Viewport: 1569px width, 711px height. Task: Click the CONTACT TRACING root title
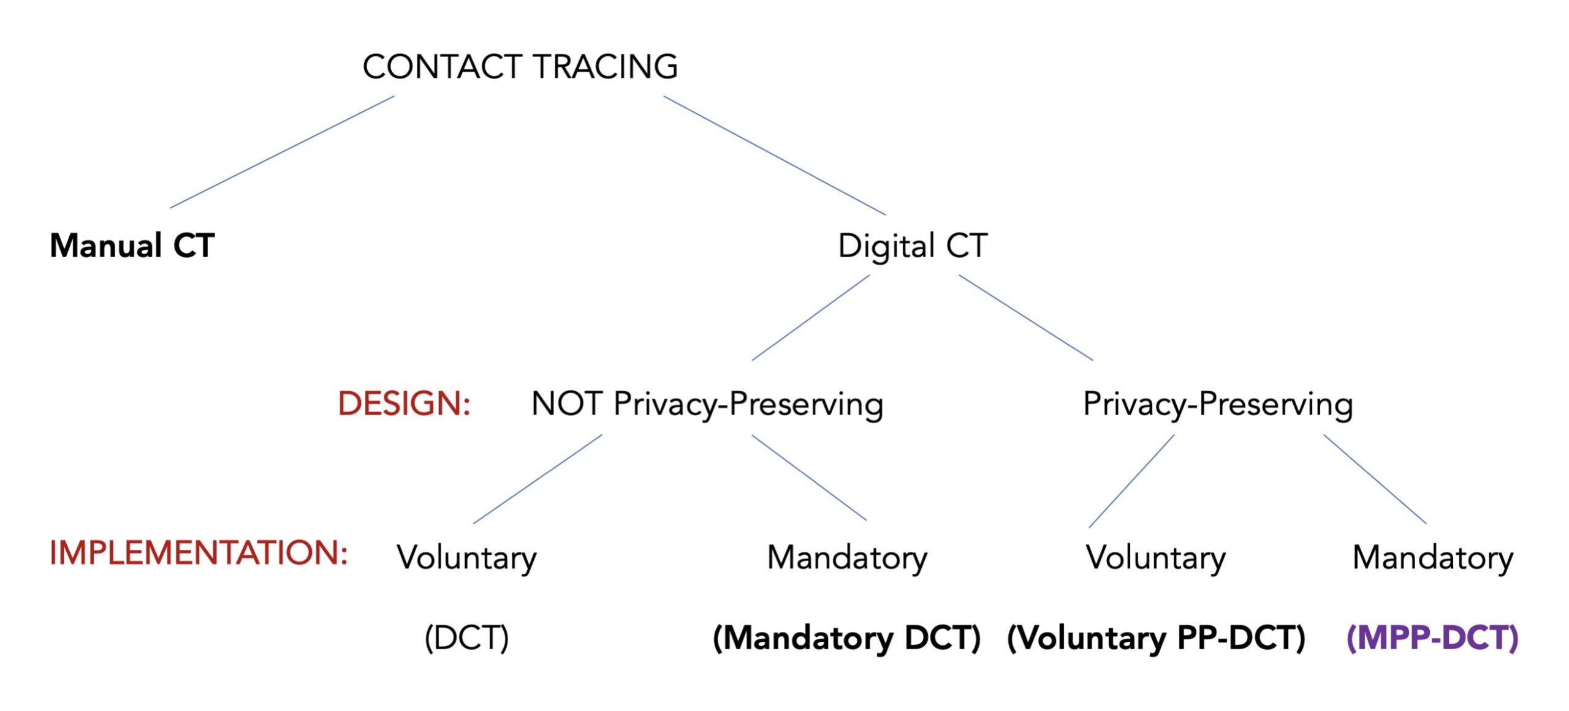[520, 66]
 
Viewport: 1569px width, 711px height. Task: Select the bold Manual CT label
[132, 246]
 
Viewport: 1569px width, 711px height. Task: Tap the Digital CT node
[913, 246]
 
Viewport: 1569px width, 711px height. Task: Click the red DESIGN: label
[405, 404]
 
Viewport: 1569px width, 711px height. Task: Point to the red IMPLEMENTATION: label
[199, 552]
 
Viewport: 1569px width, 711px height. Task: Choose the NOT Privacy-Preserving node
[707, 404]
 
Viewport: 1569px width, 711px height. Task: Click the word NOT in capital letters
[567, 404]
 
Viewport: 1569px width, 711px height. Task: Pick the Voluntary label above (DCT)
[467, 558]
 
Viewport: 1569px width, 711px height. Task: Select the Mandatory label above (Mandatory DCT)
[848, 558]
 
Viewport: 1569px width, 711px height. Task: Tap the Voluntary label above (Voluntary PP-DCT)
[1156, 558]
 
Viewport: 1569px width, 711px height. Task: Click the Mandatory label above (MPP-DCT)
[1433, 558]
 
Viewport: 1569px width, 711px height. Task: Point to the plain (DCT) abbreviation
[467, 638]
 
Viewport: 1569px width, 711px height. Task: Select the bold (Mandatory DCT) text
[847, 638]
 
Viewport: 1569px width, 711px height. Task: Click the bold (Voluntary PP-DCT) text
[1157, 638]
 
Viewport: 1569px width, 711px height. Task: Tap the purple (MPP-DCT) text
[1432, 638]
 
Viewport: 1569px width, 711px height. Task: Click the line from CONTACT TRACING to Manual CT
[282, 152]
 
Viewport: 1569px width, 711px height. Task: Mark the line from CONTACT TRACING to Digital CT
[775, 156]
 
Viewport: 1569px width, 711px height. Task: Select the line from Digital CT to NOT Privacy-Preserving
[811, 317]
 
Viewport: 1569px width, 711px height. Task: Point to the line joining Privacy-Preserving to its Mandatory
[1375, 479]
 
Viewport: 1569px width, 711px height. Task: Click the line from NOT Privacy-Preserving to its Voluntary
[538, 479]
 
